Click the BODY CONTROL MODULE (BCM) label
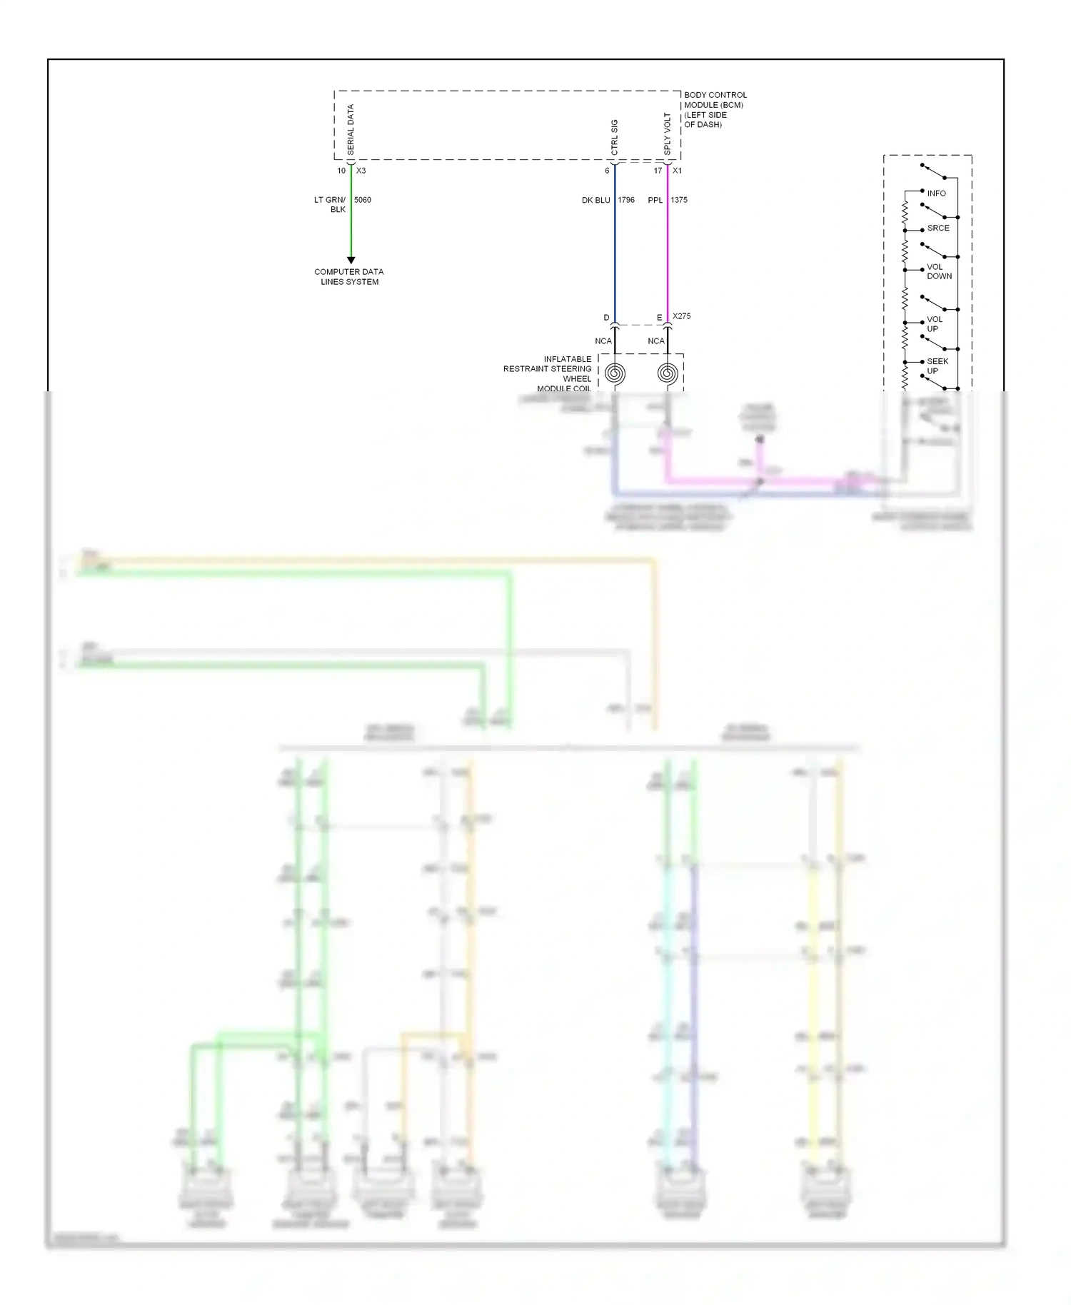[715, 109]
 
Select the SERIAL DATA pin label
[351, 129]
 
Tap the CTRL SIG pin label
[615, 136]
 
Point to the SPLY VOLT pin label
[668, 133]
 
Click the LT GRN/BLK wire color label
[330, 204]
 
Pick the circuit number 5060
[363, 200]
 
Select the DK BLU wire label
[595, 201]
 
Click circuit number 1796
[626, 200]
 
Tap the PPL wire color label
[655, 201]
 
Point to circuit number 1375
[679, 200]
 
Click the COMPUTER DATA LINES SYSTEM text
[349, 277]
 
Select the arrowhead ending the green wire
[351, 260]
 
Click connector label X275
[681, 316]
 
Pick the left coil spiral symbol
[615, 373]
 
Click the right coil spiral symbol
[668, 373]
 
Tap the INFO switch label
[936, 193]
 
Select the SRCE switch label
[938, 228]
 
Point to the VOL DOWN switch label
[939, 271]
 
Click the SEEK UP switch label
[937, 366]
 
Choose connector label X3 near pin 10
[361, 171]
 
